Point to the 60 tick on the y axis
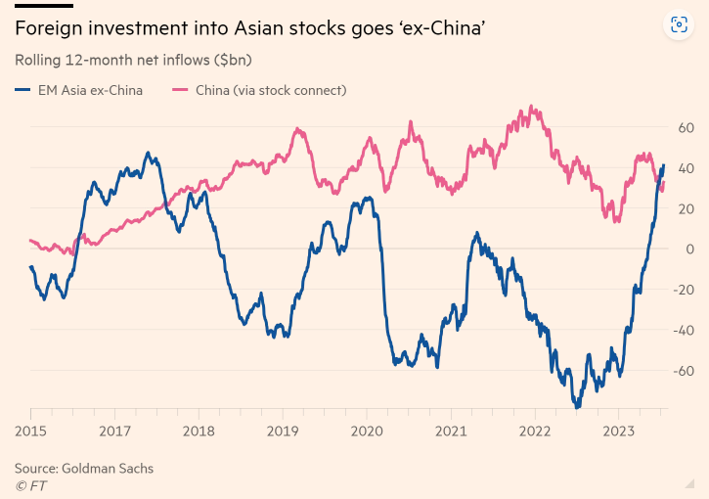coord(685,127)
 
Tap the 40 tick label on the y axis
coord(685,168)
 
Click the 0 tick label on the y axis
coord(688,249)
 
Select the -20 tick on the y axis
coord(683,290)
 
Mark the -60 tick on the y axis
coord(683,371)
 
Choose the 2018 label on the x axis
coord(199,430)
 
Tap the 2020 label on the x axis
coord(367,430)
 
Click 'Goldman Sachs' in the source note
coord(108,469)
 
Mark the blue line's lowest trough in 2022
coord(578,406)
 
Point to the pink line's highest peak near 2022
coord(531,107)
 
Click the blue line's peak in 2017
coord(148,154)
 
